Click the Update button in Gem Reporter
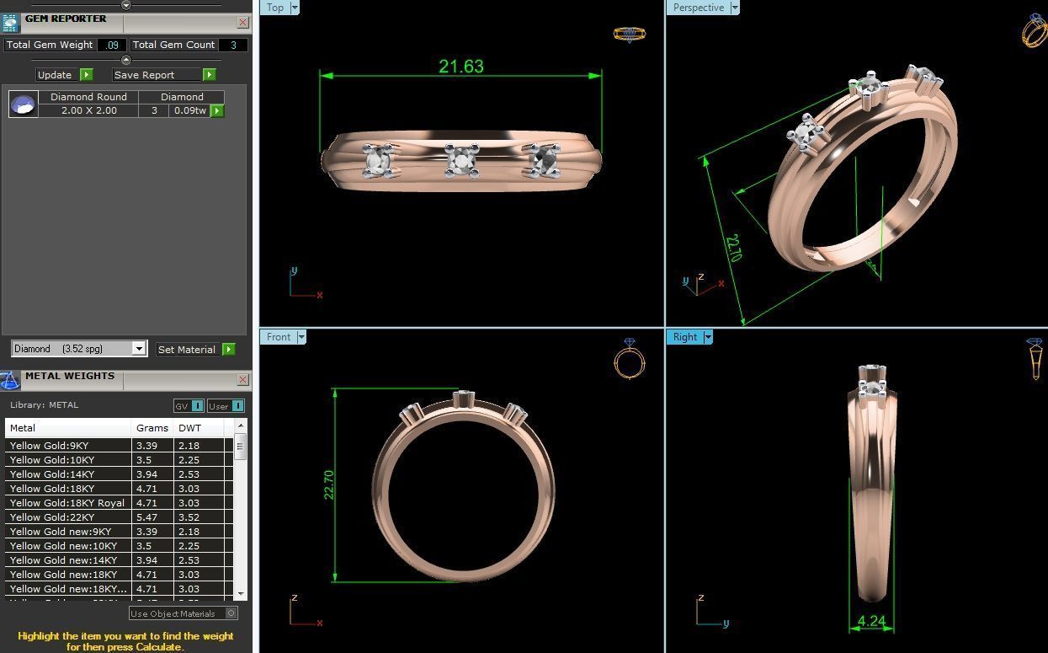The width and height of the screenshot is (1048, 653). [55, 75]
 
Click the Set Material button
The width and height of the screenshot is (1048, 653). [187, 349]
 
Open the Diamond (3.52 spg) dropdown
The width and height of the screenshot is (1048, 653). [139, 349]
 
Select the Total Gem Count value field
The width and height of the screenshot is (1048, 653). [233, 45]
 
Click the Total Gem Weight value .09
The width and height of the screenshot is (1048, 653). [112, 45]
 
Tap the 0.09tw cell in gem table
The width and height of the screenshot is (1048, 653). [189, 110]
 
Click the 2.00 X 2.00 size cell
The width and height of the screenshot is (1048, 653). [88, 110]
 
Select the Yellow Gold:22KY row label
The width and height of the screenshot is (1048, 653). [52, 517]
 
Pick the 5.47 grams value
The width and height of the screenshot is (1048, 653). [146, 517]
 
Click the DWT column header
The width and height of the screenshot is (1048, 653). [189, 428]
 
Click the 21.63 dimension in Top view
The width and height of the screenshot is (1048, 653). [461, 67]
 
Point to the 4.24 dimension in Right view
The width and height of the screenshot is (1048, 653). [871, 622]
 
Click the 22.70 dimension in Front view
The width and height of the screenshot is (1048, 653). [329, 484]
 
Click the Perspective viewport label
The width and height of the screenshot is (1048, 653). [698, 8]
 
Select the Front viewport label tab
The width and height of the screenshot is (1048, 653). [279, 337]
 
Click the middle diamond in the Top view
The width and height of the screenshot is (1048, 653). [462, 159]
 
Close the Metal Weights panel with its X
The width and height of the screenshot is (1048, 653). [242, 380]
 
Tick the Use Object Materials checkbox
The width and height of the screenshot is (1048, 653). [231, 613]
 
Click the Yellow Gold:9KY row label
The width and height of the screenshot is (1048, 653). [49, 446]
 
